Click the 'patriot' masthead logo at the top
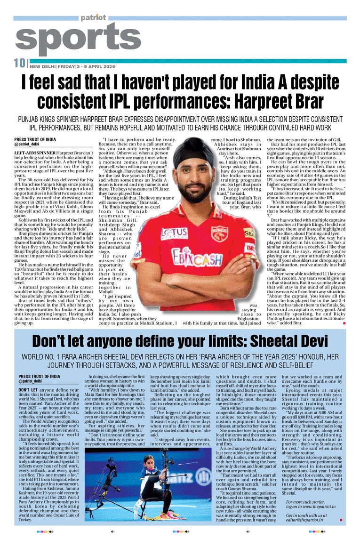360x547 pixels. (x=93, y=17)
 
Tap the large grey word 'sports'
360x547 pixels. (x=71, y=39)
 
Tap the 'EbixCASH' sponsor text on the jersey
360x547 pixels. (x=203, y=257)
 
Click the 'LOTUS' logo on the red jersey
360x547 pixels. (x=174, y=233)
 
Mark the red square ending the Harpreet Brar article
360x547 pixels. (x=344, y=323)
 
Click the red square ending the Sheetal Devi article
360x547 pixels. (x=341, y=520)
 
